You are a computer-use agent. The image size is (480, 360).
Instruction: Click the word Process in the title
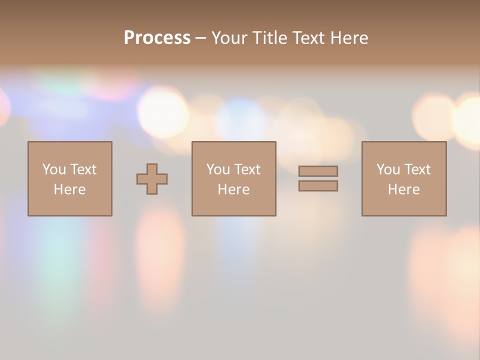[157, 38]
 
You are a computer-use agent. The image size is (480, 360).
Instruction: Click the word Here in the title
[350, 38]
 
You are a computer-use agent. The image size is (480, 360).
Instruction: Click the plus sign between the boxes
[152, 179]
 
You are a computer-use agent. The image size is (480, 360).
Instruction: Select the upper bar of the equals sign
[318, 171]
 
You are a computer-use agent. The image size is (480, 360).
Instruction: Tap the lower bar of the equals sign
[318, 185]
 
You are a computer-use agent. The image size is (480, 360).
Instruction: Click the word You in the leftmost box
[54, 169]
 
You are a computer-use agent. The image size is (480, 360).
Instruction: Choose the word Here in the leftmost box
[69, 189]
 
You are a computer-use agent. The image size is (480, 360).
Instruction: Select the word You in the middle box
[218, 169]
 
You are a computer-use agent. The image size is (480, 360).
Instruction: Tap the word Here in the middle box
[233, 189]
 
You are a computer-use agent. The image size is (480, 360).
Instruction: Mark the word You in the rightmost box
[388, 169]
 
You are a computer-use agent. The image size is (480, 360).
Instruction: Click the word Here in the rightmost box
[403, 189]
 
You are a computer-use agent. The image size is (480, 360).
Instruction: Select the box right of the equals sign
[404, 205]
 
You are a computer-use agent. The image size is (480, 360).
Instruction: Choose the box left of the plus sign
[70, 205]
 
